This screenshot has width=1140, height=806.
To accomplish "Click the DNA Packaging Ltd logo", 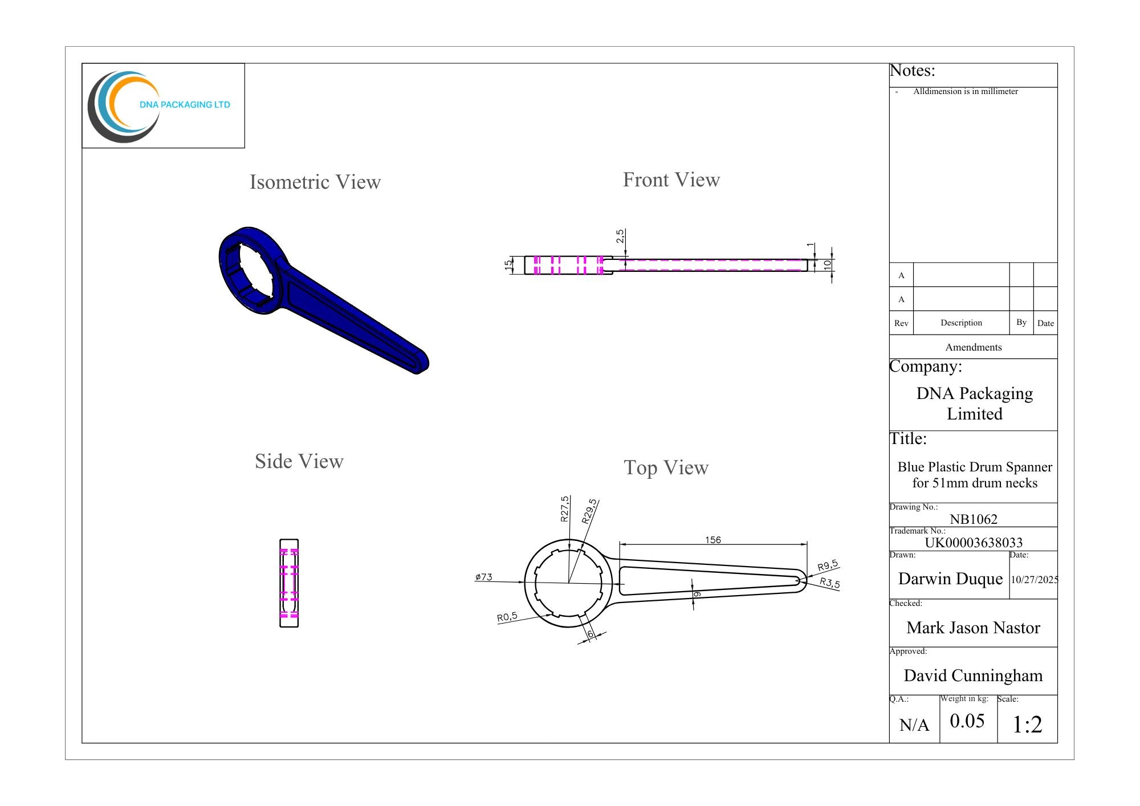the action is (159, 106).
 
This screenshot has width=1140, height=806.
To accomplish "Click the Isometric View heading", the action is (315, 182).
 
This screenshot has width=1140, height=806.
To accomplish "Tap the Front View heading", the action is (671, 180).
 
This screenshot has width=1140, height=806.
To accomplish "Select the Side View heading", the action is (299, 462).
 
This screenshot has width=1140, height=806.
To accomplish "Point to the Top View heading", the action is (666, 468).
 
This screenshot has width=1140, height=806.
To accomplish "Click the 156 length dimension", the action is (713, 540).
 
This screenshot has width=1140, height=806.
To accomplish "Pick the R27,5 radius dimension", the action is (564, 508).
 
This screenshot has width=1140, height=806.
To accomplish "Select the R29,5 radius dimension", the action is (589, 511).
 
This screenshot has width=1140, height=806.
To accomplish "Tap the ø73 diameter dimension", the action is (483, 577).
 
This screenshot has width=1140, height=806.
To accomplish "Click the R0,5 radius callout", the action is (507, 617).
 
